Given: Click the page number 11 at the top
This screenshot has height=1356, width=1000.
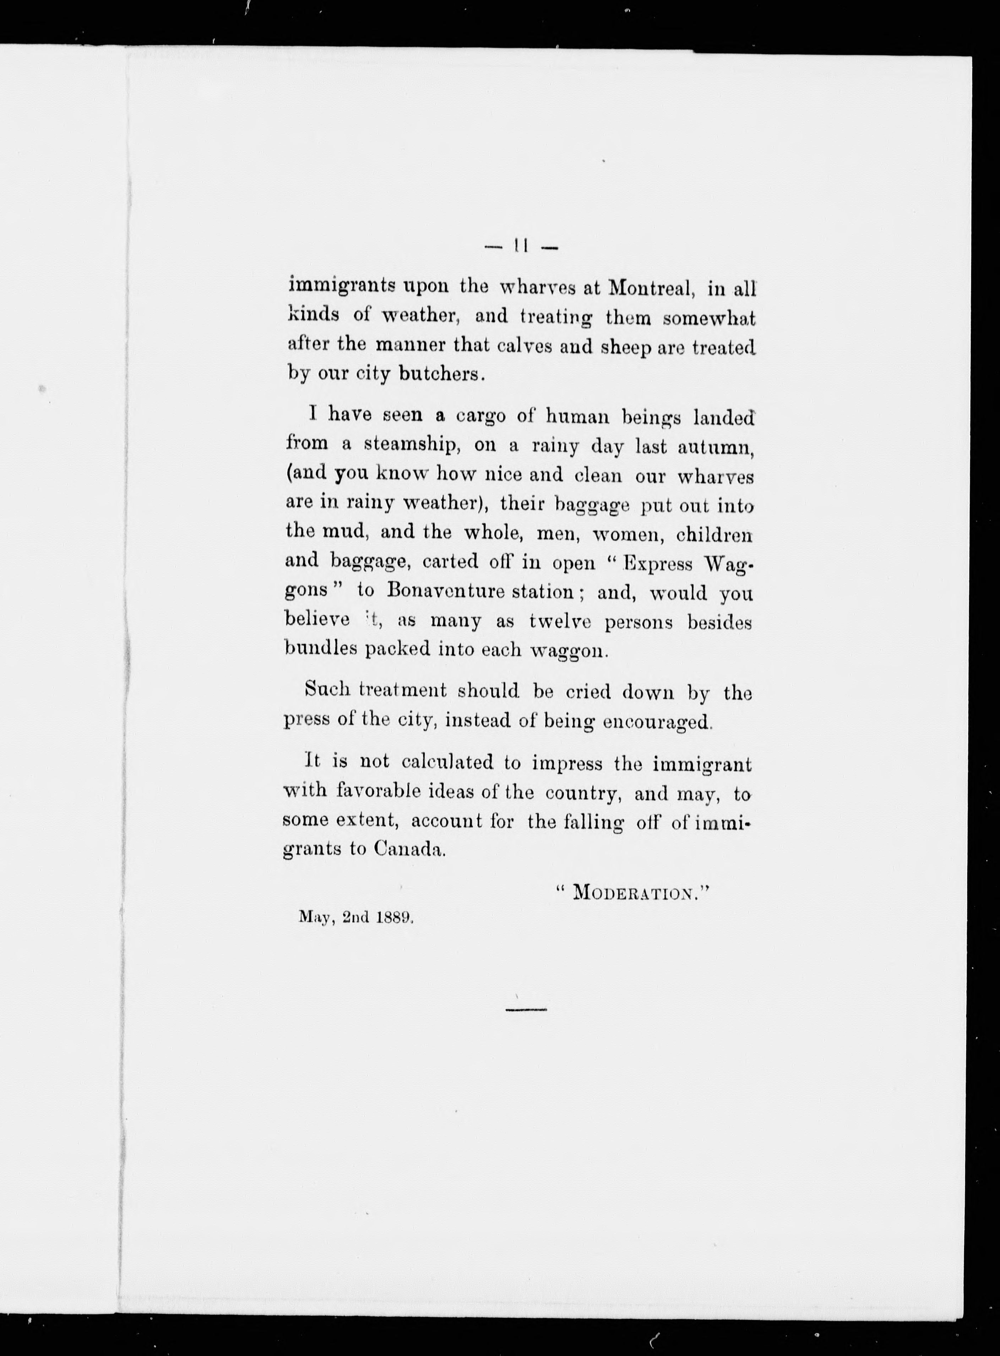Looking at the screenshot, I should [522, 247].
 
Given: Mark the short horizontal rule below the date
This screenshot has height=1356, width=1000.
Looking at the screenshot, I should [526, 1010].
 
